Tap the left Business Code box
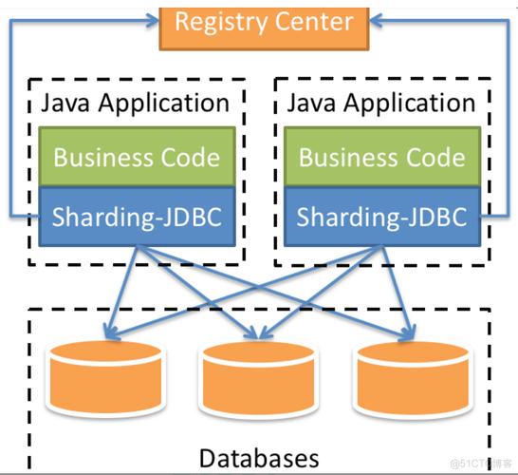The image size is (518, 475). click(137, 157)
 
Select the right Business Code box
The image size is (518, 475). click(382, 157)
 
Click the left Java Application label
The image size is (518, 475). click(135, 103)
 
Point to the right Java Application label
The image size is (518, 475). click(380, 103)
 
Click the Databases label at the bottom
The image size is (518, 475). click(258, 458)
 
